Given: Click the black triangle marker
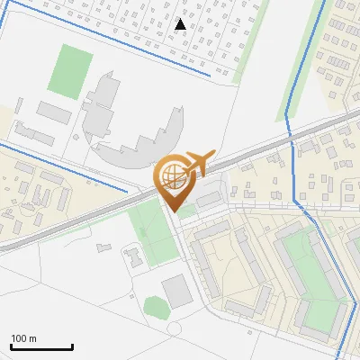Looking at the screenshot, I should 181,23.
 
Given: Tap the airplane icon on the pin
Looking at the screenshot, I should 197,164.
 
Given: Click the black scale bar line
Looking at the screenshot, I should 41,346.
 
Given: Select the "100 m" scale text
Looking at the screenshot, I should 23,338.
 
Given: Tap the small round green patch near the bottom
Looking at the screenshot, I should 156,308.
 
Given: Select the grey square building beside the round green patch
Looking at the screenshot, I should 175,290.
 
